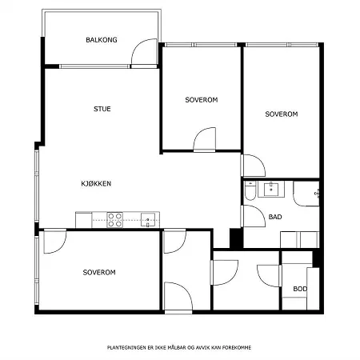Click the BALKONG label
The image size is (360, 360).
tap(102, 40)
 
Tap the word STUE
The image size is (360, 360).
tap(102, 109)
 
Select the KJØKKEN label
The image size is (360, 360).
tap(96, 183)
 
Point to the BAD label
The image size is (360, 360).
tap(275, 217)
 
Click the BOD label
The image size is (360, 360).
tap(300, 289)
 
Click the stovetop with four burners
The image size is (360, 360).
tap(115, 220)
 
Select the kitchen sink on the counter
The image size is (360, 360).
tap(148, 220)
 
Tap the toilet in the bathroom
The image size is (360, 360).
tap(250, 190)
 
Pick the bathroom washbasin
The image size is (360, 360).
tap(271, 189)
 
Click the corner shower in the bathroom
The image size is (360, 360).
tap(306, 194)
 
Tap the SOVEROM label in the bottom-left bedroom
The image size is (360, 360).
tap(99, 272)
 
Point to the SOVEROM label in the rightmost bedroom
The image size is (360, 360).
tap(282, 114)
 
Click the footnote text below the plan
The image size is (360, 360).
tap(179, 347)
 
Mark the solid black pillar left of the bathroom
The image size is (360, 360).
tap(235, 238)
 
